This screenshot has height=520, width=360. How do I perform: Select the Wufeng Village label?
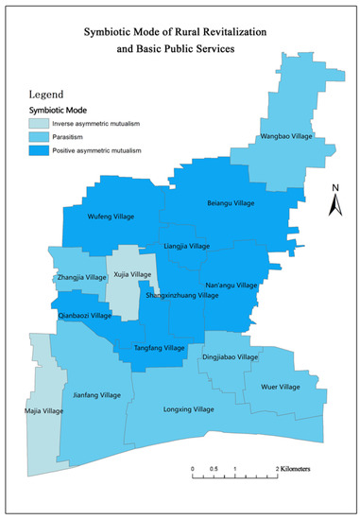tap(112, 217)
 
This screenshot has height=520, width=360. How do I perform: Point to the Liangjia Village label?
tap(187, 246)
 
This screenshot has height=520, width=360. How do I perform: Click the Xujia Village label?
tap(131, 274)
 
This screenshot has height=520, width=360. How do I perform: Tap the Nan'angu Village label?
tap(231, 285)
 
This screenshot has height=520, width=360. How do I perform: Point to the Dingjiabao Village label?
tap(230, 357)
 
